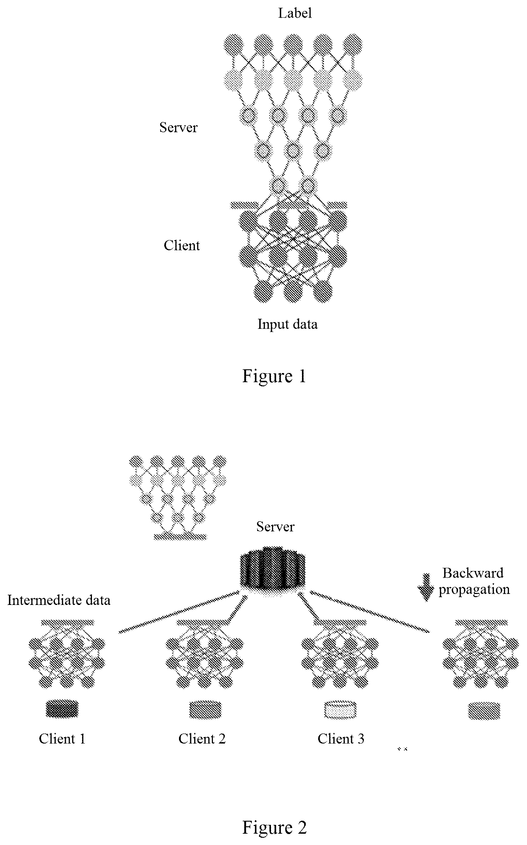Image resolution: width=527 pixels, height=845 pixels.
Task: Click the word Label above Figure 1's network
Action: pyautogui.click(x=295, y=13)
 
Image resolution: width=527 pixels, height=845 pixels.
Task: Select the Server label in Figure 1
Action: pyautogui.click(x=178, y=127)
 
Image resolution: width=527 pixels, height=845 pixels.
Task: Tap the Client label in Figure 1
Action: pyautogui.click(x=181, y=245)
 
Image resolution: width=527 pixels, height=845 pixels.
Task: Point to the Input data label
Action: pyautogui.click(x=287, y=324)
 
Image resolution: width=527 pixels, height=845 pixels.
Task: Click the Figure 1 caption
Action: pyautogui.click(x=274, y=376)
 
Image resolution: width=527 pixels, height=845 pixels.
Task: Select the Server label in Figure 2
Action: pyautogui.click(x=275, y=527)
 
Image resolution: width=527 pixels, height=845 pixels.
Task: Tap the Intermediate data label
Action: pyautogui.click(x=59, y=600)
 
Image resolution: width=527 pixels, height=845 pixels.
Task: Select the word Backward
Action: pyautogui.click(x=473, y=573)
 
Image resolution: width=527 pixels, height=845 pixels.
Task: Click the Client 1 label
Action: pyautogui.click(x=62, y=739)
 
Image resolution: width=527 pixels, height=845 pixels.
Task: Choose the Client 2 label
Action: pyautogui.click(x=202, y=739)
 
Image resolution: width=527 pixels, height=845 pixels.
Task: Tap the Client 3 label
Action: pyautogui.click(x=341, y=739)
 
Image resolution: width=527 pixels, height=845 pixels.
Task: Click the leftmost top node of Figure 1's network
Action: pyautogui.click(x=234, y=44)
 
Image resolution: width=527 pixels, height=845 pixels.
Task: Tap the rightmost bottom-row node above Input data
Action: pyautogui.click(x=323, y=291)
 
